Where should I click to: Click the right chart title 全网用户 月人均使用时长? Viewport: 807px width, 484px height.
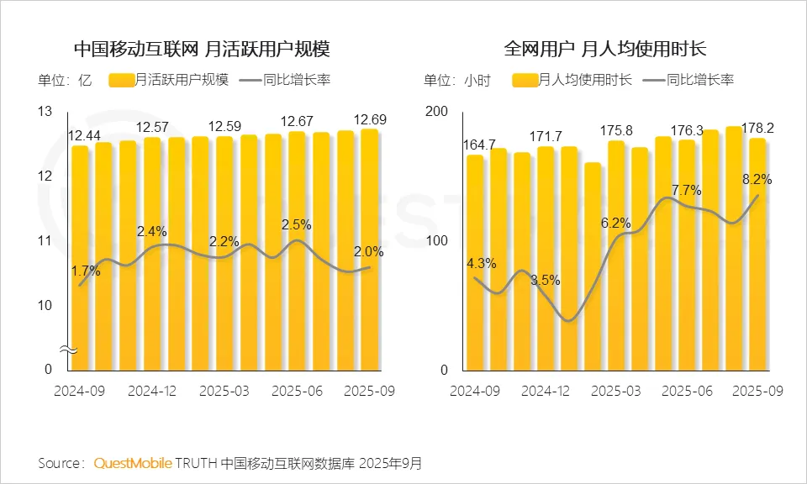click(605, 48)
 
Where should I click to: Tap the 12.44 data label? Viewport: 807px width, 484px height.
click(85, 135)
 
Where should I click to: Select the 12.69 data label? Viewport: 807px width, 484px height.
click(371, 119)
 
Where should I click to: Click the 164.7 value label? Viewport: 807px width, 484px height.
click(480, 145)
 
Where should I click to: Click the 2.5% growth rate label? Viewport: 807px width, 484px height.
click(295, 225)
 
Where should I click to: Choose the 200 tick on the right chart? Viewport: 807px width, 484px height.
click(436, 112)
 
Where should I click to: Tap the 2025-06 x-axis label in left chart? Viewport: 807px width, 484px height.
click(297, 392)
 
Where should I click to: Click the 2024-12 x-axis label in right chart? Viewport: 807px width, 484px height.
click(546, 392)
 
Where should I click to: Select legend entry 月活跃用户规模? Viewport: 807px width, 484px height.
click(169, 80)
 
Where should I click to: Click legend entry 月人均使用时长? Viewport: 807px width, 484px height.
click(574, 80)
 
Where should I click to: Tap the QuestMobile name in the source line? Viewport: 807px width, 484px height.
click(133, 463)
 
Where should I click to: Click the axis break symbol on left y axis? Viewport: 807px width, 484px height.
click(71, 348)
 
